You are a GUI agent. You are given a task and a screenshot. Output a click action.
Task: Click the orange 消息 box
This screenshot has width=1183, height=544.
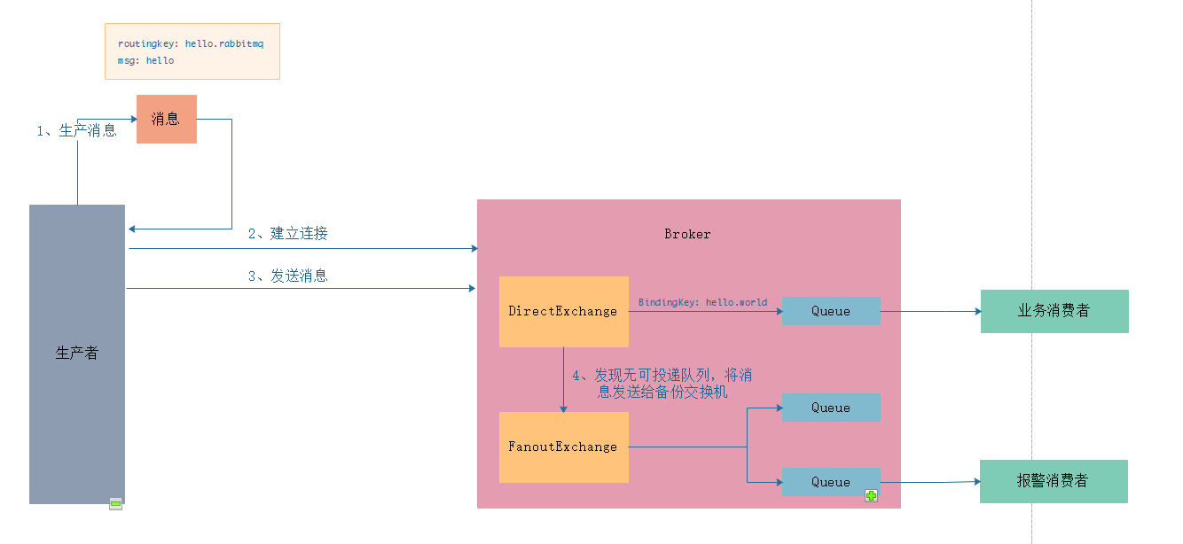coord(166,119)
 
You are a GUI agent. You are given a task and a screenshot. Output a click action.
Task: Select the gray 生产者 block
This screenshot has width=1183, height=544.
coord(77,354)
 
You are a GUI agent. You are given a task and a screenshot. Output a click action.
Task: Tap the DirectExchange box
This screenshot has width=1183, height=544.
coord(563,311)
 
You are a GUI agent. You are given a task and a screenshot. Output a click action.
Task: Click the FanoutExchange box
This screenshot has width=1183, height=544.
coord(563,447)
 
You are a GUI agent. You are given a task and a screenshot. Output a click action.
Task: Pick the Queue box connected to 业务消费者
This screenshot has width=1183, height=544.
coord(831,311)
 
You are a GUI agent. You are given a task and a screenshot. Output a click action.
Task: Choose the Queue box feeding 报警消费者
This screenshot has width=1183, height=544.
coord(831,482)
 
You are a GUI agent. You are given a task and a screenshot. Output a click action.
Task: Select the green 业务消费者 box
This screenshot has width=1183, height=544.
coord(1054,311)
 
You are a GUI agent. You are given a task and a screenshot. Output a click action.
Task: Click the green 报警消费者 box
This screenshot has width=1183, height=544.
coord(1053,481)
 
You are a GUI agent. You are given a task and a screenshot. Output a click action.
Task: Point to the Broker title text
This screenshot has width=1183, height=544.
coord(687,234)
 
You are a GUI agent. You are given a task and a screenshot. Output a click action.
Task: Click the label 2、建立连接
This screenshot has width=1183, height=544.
coord(287,234)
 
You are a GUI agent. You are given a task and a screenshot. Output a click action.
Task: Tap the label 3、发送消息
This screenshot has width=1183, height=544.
coord(287,276)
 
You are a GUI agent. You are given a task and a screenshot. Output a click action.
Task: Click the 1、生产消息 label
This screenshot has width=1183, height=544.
coord(76,131)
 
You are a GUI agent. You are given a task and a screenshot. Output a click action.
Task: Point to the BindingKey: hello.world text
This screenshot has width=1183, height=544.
coord(702,302)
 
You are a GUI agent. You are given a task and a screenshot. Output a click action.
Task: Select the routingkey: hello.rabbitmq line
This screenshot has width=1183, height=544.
coord(191,43)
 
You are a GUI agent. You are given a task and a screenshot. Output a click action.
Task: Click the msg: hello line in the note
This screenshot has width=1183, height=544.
coord(145,60)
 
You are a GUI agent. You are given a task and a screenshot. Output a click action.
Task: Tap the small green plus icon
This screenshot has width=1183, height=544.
coord(871,496)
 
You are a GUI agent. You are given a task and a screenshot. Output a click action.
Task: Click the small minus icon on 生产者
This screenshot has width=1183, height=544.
coord(115,503)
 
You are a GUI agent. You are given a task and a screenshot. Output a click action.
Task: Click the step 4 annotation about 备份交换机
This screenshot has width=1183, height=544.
coord(662,384)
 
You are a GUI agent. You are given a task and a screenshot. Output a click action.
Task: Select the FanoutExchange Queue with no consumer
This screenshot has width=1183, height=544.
coord(831,408)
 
